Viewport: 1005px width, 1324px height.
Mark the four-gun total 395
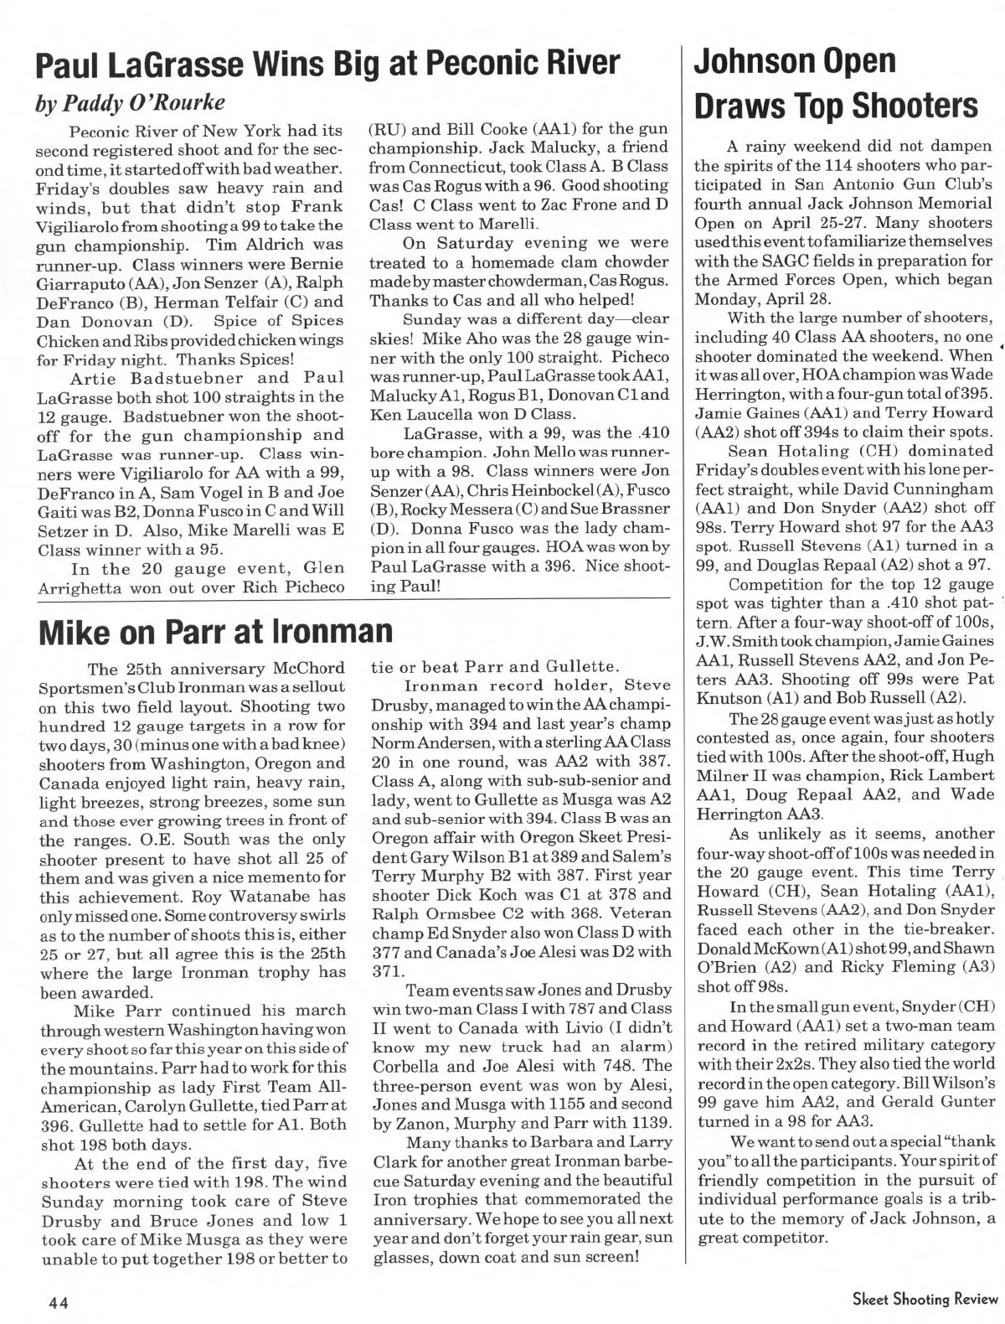[x=977, y=394]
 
